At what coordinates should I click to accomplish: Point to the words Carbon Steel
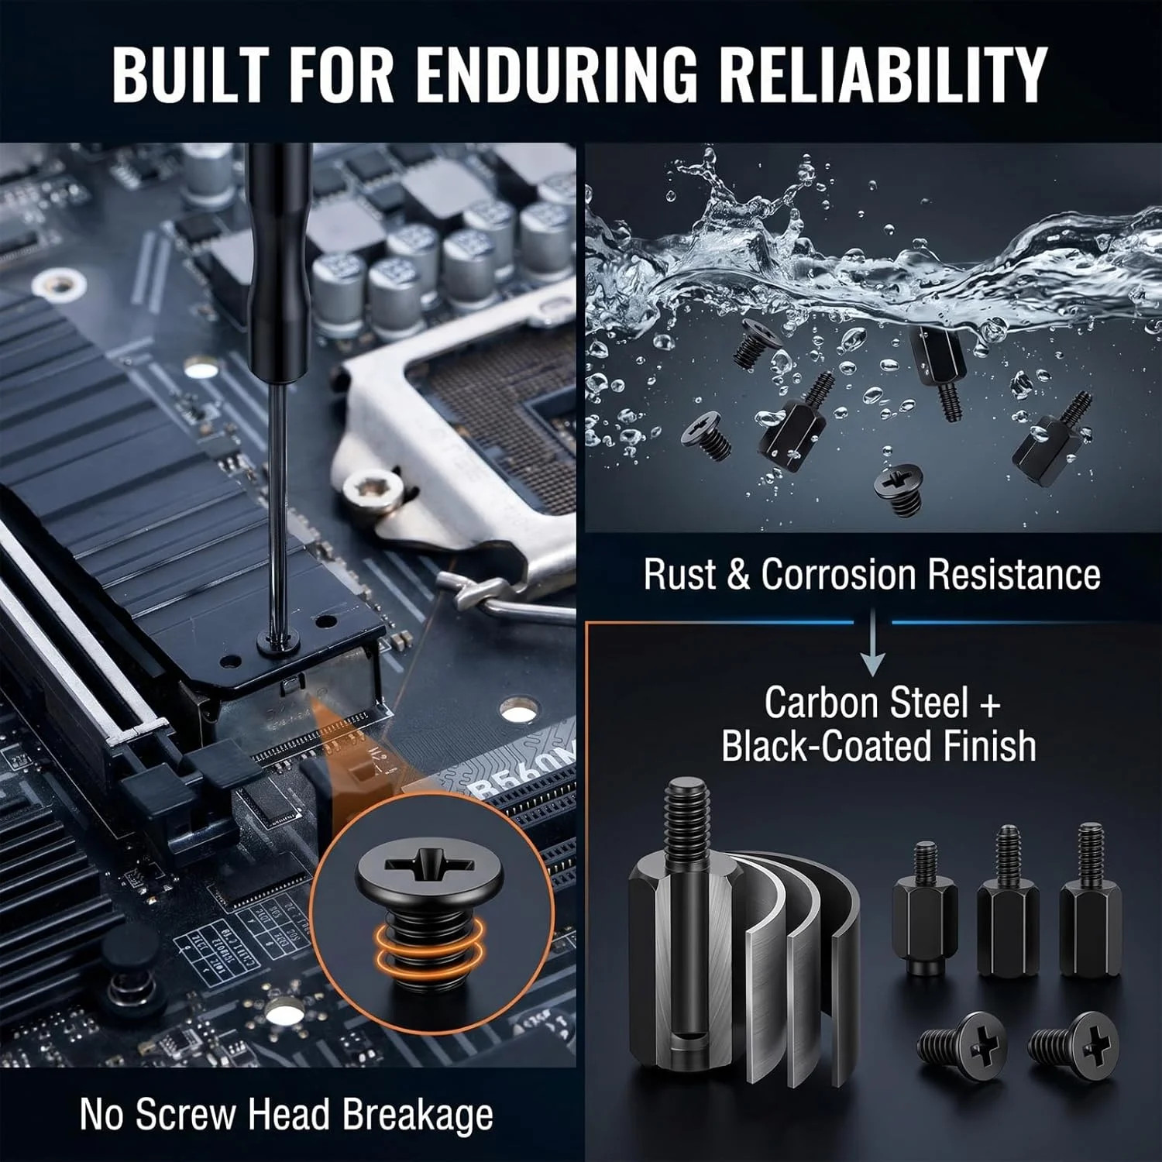tap(866, 703)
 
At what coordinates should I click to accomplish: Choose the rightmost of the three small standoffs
tap(1091, 899)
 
